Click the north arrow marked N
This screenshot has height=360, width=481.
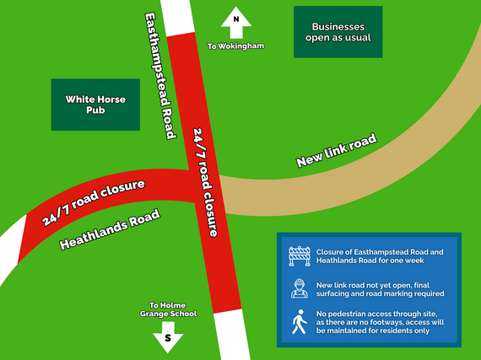coord(235,22)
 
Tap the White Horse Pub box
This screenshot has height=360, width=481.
coord(95,105)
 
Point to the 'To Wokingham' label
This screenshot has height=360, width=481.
coord(236,46)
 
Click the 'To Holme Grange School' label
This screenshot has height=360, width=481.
coord(172,309)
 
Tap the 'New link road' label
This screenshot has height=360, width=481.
coord(336,150)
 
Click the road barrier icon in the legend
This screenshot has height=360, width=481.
coord(300,255)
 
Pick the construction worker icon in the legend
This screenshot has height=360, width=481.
coord(299,287)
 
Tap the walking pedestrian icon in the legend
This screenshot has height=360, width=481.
coord(299,321)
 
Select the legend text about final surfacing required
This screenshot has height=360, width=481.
coord(380,287)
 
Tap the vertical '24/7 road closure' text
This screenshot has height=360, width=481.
coord(206,181)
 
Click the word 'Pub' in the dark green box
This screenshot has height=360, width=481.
coord(95,111)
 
